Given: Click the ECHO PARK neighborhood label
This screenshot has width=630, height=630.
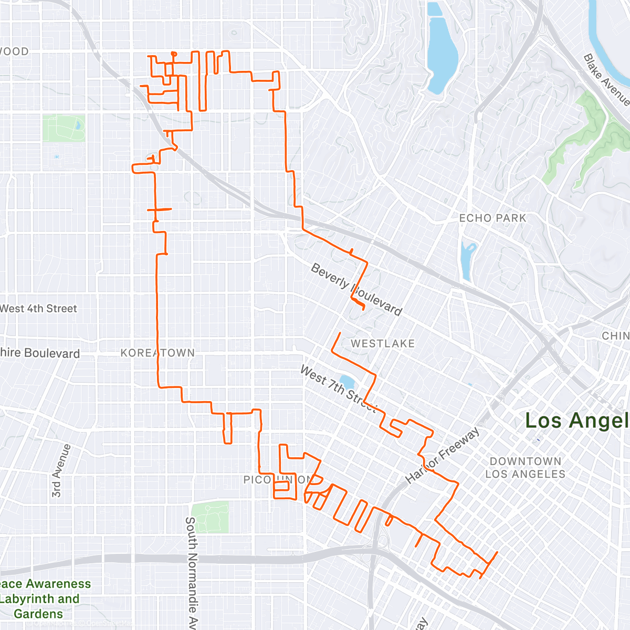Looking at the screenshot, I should coord(492,218).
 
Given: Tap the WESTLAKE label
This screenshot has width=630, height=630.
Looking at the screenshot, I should coord(383,343).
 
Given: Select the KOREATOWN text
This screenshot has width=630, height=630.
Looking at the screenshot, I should coord(157,353).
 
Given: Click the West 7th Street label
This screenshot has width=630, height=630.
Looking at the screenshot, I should coord(338,388).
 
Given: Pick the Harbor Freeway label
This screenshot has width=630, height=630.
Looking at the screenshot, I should coord(443,455).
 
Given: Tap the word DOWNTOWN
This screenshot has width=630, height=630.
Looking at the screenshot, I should coord(525,461).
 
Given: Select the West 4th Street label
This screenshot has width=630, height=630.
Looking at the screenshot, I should coord(38,309).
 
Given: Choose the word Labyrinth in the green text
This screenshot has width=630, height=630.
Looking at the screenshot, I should coord(39,599).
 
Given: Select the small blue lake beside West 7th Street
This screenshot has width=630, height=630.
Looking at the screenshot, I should coord(346,381).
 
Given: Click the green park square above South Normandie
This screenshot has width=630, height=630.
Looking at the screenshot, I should coord(210,517).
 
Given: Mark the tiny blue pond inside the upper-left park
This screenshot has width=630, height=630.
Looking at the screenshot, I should coord(78,125).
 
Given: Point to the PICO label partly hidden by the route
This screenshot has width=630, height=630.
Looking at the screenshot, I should coord(256,480).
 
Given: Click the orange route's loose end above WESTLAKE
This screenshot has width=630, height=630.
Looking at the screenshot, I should coord(340,333).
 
